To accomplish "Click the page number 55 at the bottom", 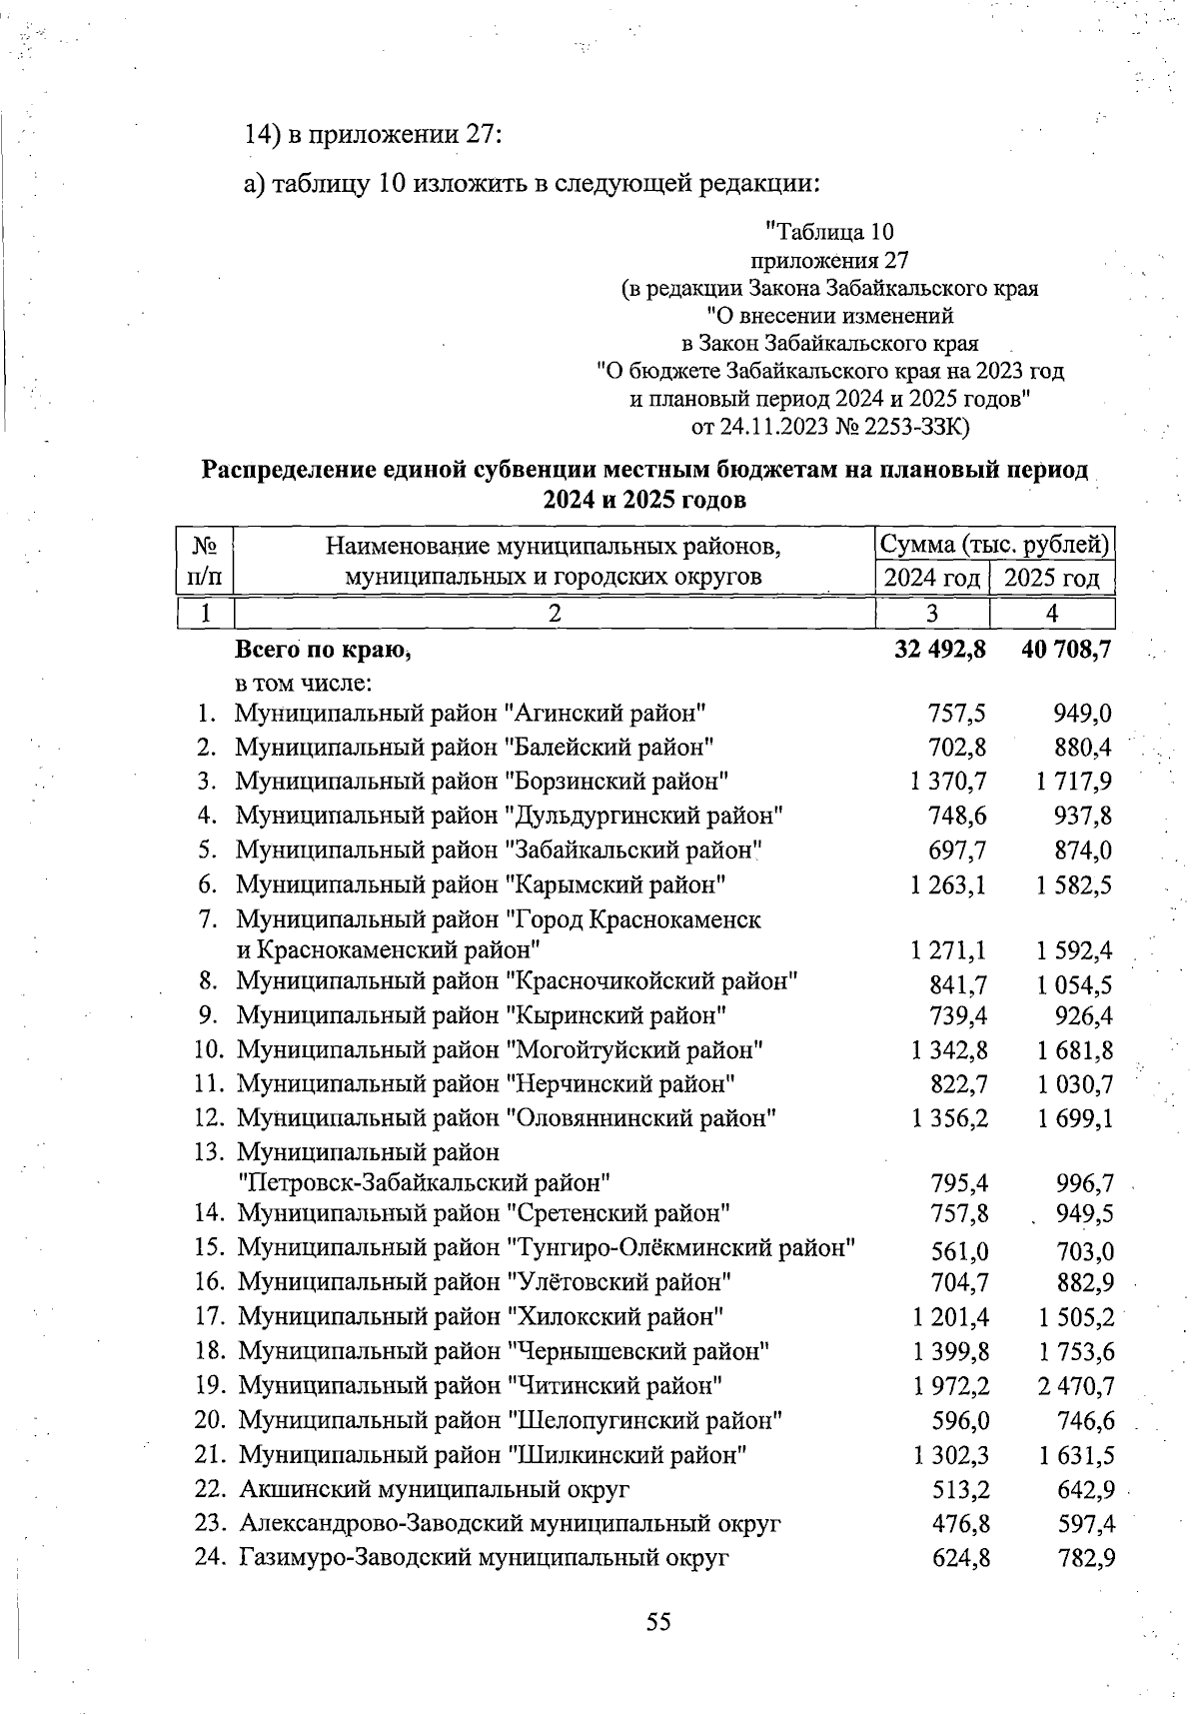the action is coord(657,1621).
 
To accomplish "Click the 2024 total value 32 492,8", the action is coord(936,650).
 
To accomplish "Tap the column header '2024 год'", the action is coord(932,578).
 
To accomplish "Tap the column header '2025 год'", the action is coord(1051,578).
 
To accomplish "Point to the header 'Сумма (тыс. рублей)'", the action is coord(994,546).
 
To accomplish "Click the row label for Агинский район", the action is coord(472,714).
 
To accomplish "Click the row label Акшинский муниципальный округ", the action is coord(435,1489).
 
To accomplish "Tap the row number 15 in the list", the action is coord(208,1247).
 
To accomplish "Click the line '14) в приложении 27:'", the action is coord(372,135).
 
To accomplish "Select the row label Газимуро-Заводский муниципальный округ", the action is coord(484,1557).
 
